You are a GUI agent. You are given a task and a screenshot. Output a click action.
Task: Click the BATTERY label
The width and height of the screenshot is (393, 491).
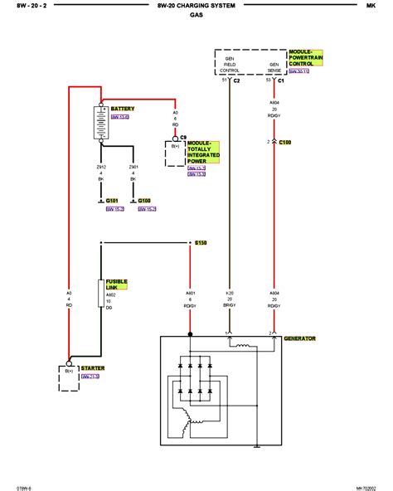(122, 109)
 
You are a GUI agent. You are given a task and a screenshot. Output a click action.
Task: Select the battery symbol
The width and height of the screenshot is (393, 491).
(100, 124)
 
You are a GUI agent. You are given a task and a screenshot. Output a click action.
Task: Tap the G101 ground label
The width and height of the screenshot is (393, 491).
(114, 200)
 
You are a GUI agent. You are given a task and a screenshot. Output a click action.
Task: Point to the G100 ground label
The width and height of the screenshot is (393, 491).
(144, 200)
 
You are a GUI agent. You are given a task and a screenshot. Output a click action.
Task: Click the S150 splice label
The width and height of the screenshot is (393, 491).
(200, 242)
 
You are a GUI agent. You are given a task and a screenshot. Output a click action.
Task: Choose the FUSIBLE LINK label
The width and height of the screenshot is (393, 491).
(117, 284)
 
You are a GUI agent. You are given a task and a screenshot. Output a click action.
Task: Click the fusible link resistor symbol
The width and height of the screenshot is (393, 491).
(100, 292)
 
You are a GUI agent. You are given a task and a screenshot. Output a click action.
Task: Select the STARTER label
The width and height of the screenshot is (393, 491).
(92, 367)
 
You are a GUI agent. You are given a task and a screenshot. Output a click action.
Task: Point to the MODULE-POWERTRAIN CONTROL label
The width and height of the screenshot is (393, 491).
(305, 57)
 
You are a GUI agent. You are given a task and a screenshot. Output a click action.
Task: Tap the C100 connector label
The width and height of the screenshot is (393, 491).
(284, 143)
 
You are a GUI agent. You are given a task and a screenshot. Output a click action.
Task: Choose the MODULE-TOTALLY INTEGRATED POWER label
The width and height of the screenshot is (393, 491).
(203, 153)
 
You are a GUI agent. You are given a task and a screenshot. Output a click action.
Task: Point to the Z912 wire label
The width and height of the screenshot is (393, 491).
(101, 173)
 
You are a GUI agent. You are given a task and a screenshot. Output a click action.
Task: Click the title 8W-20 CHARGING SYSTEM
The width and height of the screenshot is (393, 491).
(196, 6)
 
